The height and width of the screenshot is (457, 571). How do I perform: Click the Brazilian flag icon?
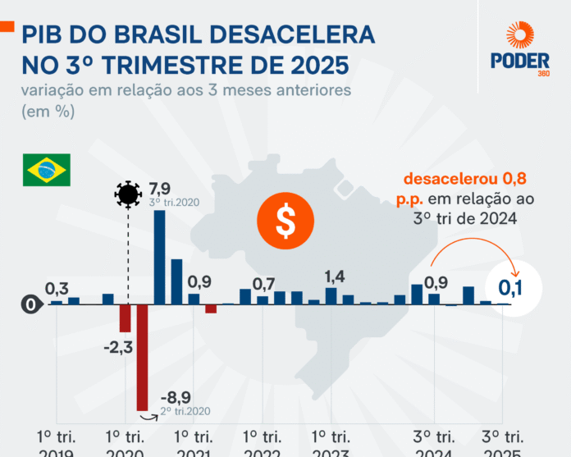[x=46, y=170]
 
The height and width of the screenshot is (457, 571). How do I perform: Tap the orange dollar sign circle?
[x=285, y=219]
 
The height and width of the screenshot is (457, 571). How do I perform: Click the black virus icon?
[x=127, y=194]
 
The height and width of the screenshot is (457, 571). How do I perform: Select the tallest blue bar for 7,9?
[x=159, y=257]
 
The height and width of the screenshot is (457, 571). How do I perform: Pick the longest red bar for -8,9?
[x=142, y=357]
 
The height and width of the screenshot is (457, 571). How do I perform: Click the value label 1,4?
[x=335, y=276]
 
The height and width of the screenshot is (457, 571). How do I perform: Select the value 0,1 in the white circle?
[x=510, y=287]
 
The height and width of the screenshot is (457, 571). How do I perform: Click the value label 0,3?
[x=57, y=288]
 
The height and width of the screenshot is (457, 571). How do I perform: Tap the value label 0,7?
[x=263, y=284]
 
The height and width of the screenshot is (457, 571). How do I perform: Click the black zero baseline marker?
[x=30, y=304]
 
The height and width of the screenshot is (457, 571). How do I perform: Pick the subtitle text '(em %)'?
[x=48, y=112]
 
